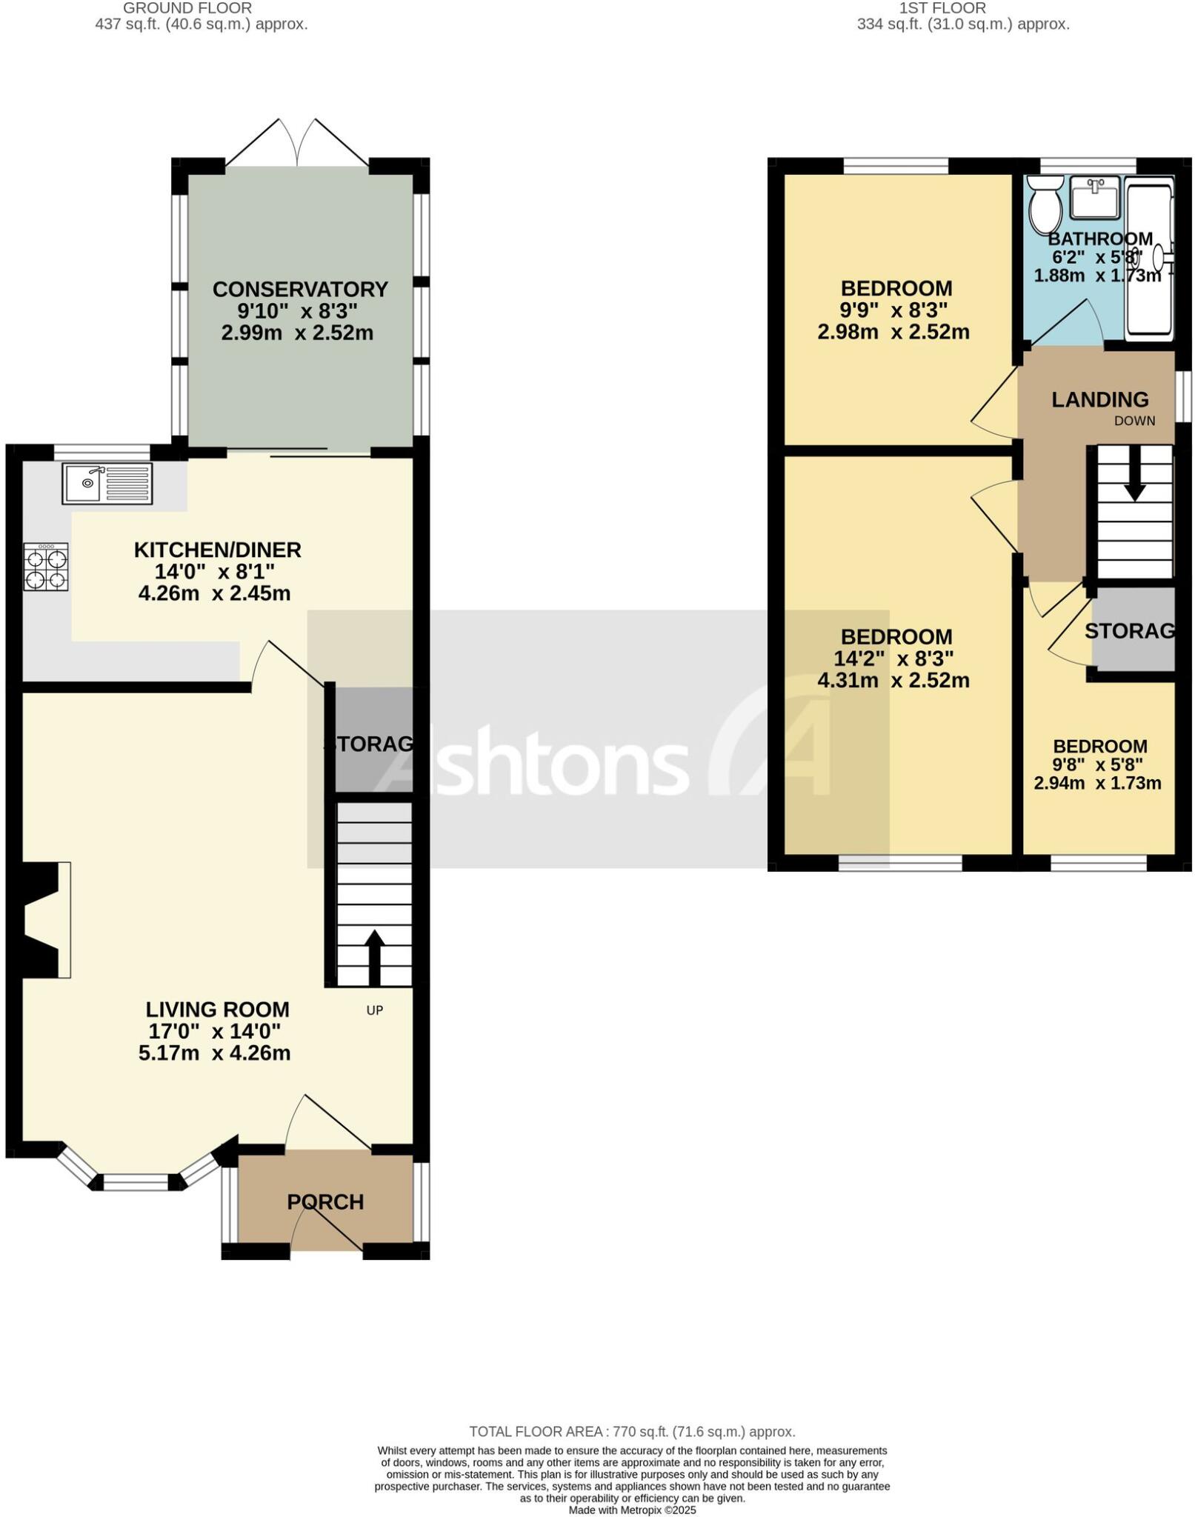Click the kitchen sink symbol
[x=107, y=483]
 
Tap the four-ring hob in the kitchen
[x=46, y=567]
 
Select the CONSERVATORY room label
[x=300, y=289]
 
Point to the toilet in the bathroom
[x=1046, y=202]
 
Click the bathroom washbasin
[x=1095, y=197]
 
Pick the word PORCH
[x=325, y=1201]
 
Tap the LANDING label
[x=1099, y=400]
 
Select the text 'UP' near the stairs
[x=375, y=1010]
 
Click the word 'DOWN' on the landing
[x=1134, y=421]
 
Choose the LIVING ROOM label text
[x=217, y=1010]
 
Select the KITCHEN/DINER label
[x=217, y=550]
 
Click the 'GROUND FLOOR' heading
[x=187, y=8]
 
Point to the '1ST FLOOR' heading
[x=942, y=8]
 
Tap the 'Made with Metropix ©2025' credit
[x=632, y=1510]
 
